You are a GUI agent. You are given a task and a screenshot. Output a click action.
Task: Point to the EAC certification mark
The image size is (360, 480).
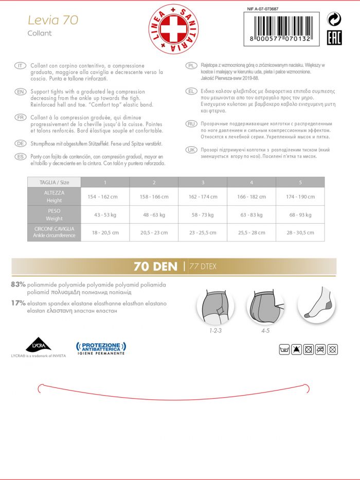[x=334, y=38]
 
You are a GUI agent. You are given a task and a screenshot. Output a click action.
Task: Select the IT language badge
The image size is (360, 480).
[x=21, y=66]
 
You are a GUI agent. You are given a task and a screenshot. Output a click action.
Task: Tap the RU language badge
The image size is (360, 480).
[x=190, y=124]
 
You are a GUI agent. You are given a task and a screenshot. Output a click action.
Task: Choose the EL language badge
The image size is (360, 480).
[x=190, y=91]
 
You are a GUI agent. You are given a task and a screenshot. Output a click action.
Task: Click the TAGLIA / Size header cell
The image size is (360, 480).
[x=54, y=182]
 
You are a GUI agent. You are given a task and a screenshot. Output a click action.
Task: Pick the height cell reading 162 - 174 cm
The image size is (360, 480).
[x=203, y=197]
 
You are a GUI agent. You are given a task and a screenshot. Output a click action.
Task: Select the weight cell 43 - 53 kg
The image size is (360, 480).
[x=105, y=215]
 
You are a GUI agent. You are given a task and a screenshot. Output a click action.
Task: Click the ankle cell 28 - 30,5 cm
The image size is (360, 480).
[x=300, y=232]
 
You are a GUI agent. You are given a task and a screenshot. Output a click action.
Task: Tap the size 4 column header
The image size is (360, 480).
[x=251, y=182]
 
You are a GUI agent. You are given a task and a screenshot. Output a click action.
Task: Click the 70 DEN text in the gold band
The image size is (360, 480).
[x=155, y=266]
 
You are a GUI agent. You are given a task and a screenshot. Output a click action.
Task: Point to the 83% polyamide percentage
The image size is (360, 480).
[x=19, y=284]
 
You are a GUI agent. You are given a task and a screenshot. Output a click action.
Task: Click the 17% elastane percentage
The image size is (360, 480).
[x=19, y=304]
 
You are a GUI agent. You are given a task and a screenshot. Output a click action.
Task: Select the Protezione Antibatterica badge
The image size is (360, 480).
[x=101, y=348]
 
